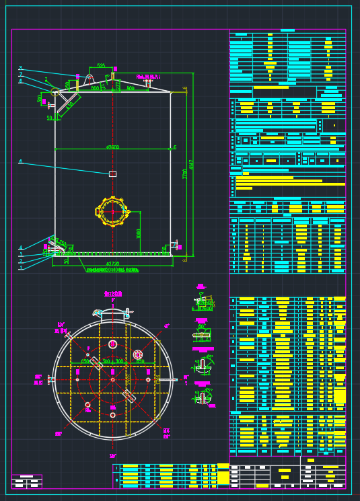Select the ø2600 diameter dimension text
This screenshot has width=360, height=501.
[x=112, y=148]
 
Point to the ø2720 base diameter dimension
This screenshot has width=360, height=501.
[x=112, y=264]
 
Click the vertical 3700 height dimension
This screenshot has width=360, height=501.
[x=184, y=174]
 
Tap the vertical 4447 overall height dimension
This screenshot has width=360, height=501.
[x=192, y=164]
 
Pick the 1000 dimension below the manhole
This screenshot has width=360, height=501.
[x=139, y=233]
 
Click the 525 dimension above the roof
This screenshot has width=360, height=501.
[x=101, y=66]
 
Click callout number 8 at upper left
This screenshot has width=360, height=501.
[x=20, y=69]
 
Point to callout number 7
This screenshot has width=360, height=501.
[x=20, y=75]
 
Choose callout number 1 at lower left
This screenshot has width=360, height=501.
[x=20, y=268]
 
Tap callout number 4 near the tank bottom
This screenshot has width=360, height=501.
[x=20, y=248]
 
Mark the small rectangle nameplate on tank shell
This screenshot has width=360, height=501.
[x=112, y=174]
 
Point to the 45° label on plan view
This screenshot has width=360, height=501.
[x=167, y=326]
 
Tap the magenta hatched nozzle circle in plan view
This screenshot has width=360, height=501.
[x=138, y=354]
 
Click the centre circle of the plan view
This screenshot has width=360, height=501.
[x=112, y=380]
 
